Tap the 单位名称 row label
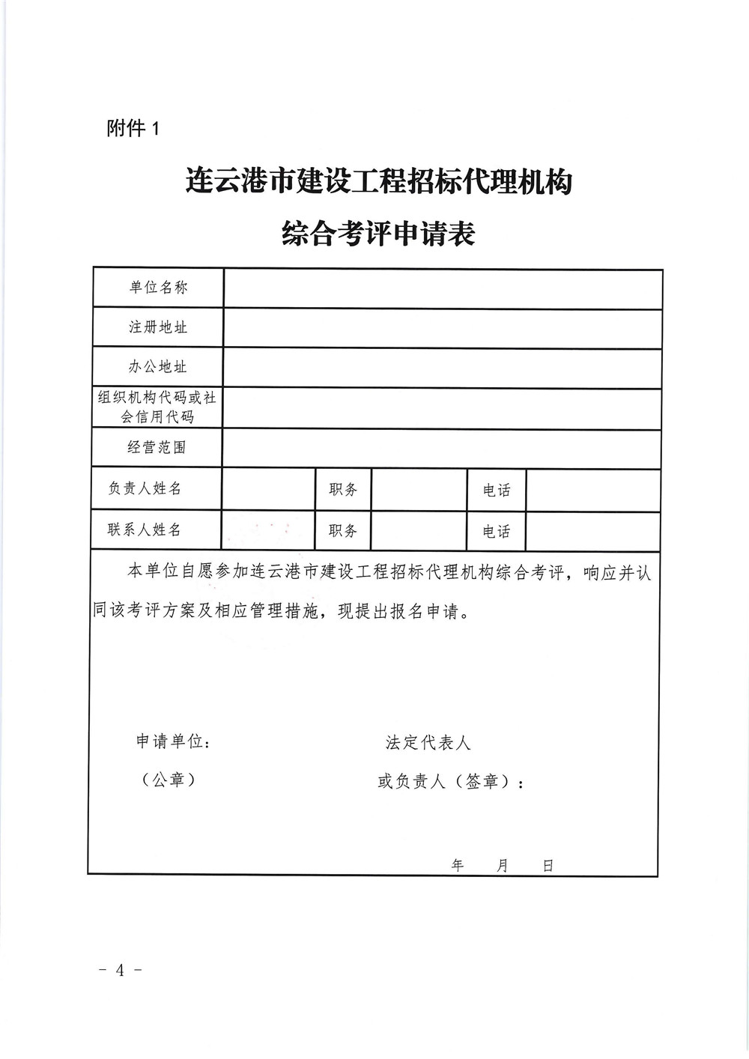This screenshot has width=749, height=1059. pyautogui.click(x=158, y=288)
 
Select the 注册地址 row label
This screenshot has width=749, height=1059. pyautogui.click(x=158, y=327)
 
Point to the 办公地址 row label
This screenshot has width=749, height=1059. pyautogui.click(x=158, y=367)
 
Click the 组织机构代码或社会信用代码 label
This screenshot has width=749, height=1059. pyautogui.click(x=157, y=407)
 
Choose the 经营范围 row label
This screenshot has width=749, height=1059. pyautogui.click(x=157, y=448)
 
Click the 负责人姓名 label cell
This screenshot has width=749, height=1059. pyautogui.click(x=145, y=488)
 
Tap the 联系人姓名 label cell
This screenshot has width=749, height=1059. pyautogui.click(x=145, y=529)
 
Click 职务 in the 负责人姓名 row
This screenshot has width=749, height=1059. pyautogui.click(x=343, y=490)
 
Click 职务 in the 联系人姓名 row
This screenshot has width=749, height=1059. pyautogui.click(x=343, y=531)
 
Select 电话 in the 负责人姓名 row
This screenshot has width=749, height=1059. pyautogui.click(x=497, y=491)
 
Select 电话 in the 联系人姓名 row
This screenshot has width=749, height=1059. pyautogui.click(x=497, y=532)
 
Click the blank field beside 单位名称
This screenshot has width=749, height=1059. pyautogui.click(x=442, y=288)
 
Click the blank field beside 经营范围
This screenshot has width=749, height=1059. pyautogui.click(x=442, y=449)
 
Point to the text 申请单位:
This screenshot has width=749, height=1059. pyautogui.click(x=173, y=741)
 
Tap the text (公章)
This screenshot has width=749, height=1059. pyautogui.click(x=169, y=780)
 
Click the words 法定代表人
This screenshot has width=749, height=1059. pyautogui.click(x=428, y=743)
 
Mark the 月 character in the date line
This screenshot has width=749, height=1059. pyautogui.click(x=502, y=866)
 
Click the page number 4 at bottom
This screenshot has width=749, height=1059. pyautogui.click(x=120, y=971)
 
